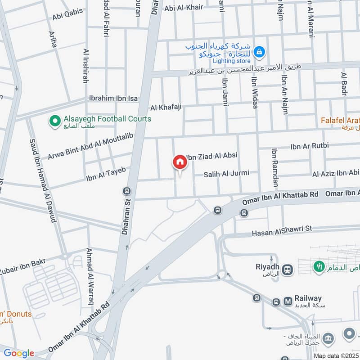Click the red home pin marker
coord(180,162)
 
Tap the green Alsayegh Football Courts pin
coord(55,121)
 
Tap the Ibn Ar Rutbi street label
coord(310,145)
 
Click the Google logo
coord(19,353)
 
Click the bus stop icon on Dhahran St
coord(127,191)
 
